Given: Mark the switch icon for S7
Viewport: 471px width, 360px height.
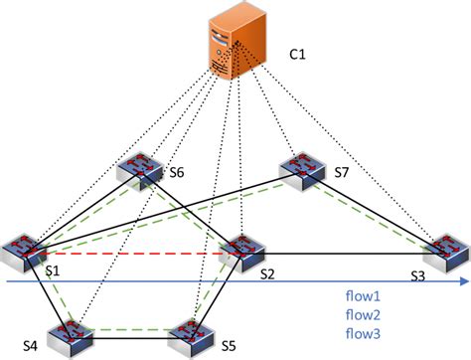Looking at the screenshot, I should point(303,172).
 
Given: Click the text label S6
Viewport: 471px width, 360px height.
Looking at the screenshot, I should point(177,174).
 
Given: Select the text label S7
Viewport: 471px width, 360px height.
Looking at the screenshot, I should point(343,174).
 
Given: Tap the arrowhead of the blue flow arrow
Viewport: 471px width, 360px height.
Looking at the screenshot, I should point(464,282).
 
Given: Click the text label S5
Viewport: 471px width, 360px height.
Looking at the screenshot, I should point(228,346).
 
